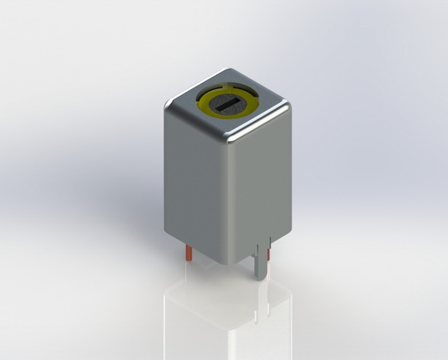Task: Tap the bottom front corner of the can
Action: pos(228,263)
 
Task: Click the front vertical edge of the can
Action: pos(229,202)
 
